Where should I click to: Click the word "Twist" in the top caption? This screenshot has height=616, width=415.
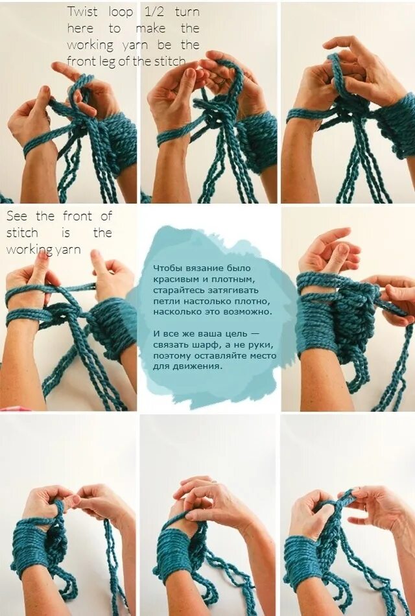(x=82, y=12)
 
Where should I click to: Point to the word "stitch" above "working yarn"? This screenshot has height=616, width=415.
(x=22, y=233)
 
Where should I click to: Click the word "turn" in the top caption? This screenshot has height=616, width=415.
(x=187, y=12)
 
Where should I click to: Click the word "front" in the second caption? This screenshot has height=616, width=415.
(x=77, y=216)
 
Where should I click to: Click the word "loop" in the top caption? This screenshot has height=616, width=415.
(x=121, y=12)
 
